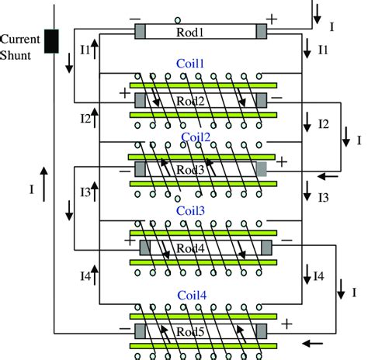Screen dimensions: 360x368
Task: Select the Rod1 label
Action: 200,32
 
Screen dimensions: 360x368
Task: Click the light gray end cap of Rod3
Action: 262,169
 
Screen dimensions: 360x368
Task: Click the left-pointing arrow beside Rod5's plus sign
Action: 314,342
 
